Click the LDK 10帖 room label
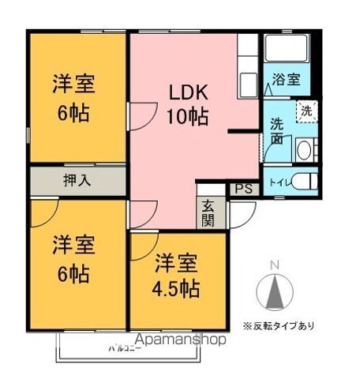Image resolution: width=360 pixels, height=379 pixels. click(x=187, y=106)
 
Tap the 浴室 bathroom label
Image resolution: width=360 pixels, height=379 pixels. click(x=286, y=79)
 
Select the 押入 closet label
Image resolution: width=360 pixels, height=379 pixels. click(x=77, y=179)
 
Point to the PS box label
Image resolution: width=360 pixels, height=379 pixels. click(x=242, y=189)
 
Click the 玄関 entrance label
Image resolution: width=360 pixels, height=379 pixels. click(x=208, y=211)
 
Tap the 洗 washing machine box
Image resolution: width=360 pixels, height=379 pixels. click(x=306, y=111)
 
